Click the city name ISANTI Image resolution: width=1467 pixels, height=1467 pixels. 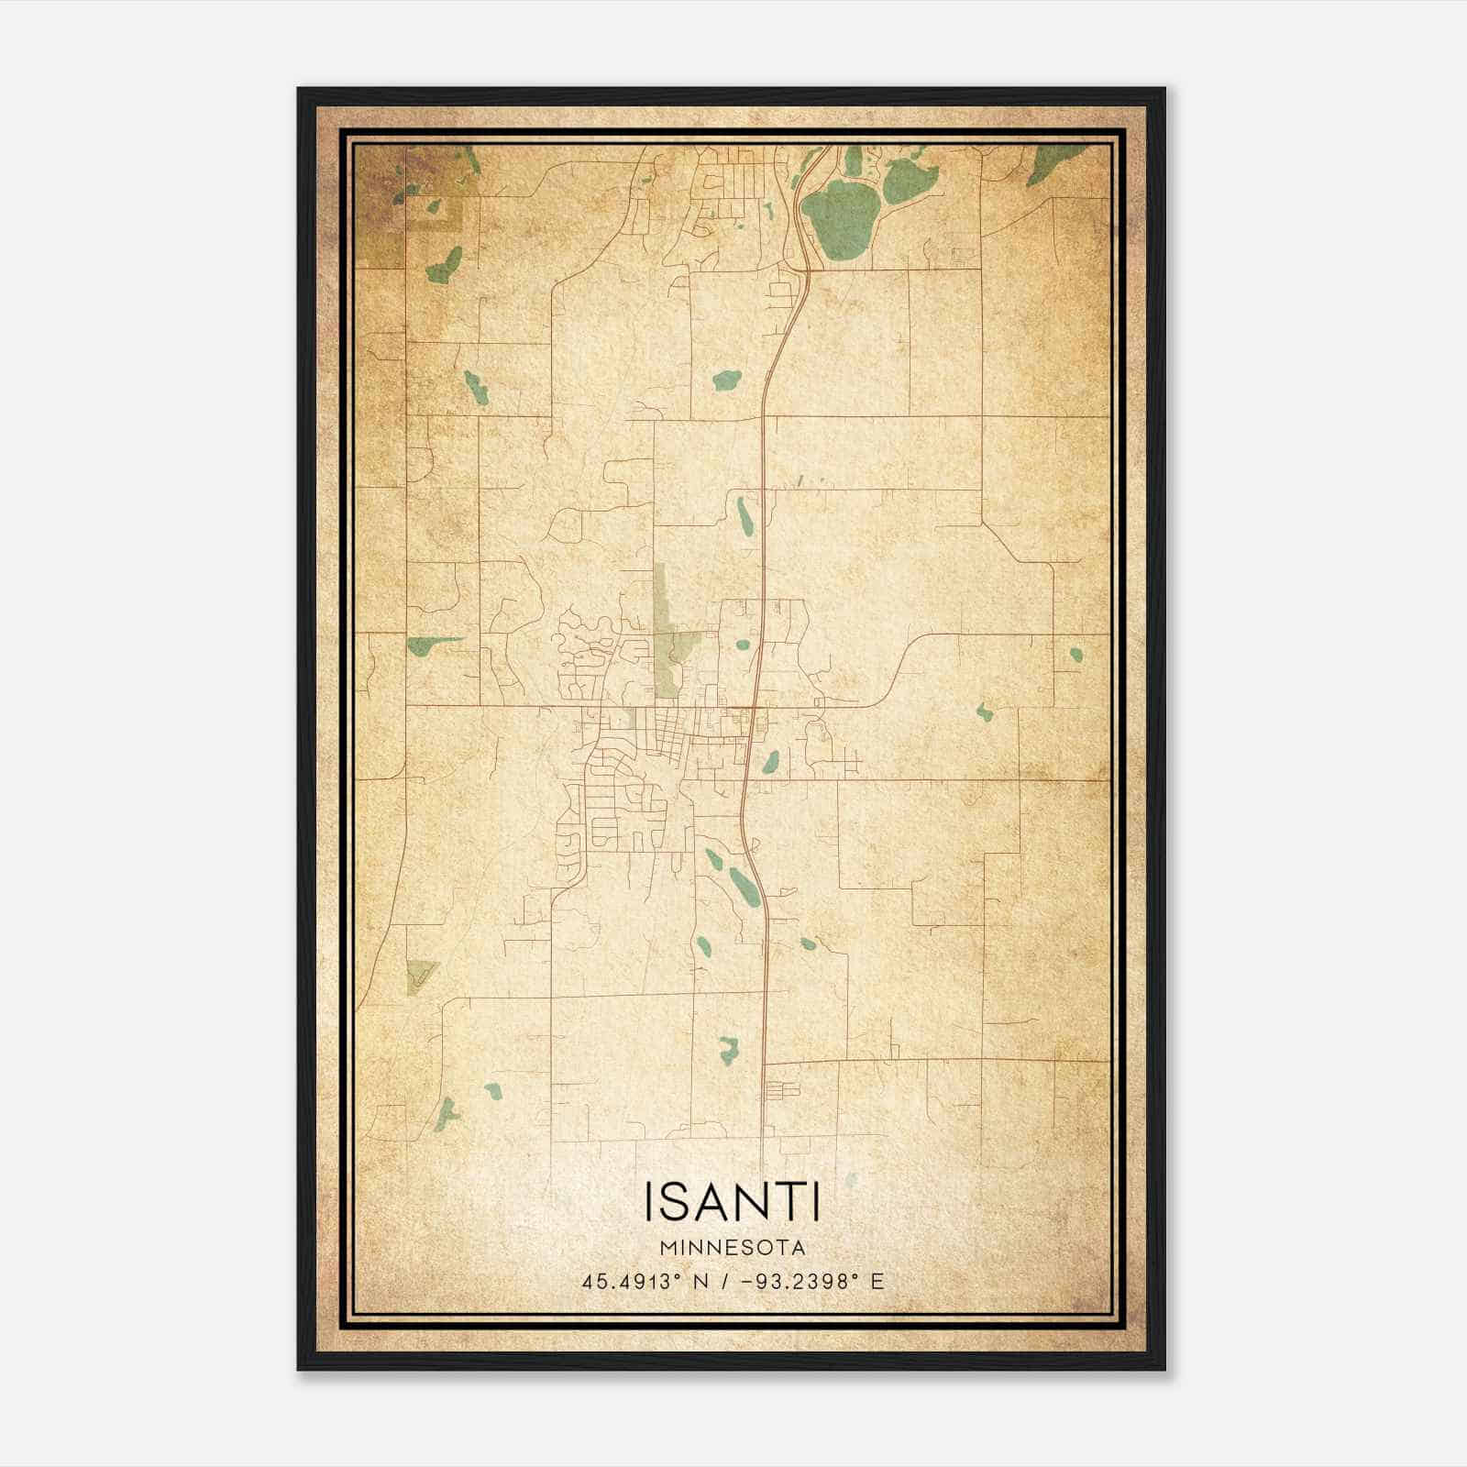coord(733,1201)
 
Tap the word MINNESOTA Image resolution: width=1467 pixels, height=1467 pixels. coord(733,1248)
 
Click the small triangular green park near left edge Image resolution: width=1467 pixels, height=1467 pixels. coord(420,974)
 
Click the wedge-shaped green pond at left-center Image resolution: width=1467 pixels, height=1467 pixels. coord(428,645)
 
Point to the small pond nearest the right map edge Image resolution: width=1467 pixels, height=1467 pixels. coord(1075,655)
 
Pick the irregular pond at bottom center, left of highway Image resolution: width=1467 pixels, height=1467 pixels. coord(728,1050)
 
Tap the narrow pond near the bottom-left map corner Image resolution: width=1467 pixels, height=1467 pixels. coord(446,1113)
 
